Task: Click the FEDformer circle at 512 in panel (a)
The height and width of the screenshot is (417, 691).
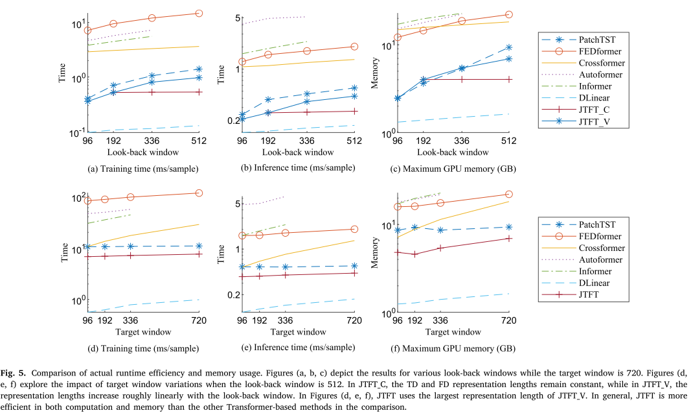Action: coord(199,13)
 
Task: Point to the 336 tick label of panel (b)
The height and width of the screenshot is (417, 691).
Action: coord(306,141)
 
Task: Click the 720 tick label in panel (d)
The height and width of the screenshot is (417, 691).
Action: coord(199,320)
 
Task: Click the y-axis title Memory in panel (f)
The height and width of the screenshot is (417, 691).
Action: coord(374,253)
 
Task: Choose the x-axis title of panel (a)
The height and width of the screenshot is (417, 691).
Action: coord(143,152)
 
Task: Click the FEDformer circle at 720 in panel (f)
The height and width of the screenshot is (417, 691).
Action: coord(508,195)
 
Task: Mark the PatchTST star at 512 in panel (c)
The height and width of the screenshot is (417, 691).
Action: coord(508,47)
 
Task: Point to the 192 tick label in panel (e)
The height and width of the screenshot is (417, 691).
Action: coord(260,320)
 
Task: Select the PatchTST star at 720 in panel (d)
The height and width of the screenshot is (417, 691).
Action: coord(199,246)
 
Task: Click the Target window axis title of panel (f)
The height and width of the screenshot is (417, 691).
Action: coord(453,332)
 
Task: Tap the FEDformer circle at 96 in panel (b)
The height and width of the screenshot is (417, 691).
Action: coord(242,62)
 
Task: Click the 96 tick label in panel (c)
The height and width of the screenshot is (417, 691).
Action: coord(397,141)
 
